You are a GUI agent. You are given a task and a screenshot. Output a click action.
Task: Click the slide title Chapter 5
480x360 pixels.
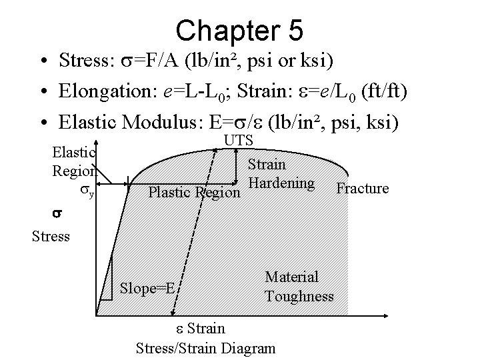coord(240,29)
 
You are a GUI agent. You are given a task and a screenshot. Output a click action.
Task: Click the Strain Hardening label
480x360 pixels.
coord(280,173)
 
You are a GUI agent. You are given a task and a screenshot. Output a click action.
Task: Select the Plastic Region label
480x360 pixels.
coord(193,193)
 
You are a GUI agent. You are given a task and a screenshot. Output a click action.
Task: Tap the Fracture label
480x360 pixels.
coord(363,189)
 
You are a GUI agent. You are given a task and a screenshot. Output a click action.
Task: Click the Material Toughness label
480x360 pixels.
coord(299,286)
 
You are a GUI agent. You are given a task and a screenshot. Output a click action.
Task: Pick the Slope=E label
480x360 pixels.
coord(147,289)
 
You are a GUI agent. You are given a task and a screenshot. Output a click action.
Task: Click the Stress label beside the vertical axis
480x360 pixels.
coord(51,236)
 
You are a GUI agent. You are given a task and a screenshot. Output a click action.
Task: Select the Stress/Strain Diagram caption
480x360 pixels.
coord(205,347)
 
